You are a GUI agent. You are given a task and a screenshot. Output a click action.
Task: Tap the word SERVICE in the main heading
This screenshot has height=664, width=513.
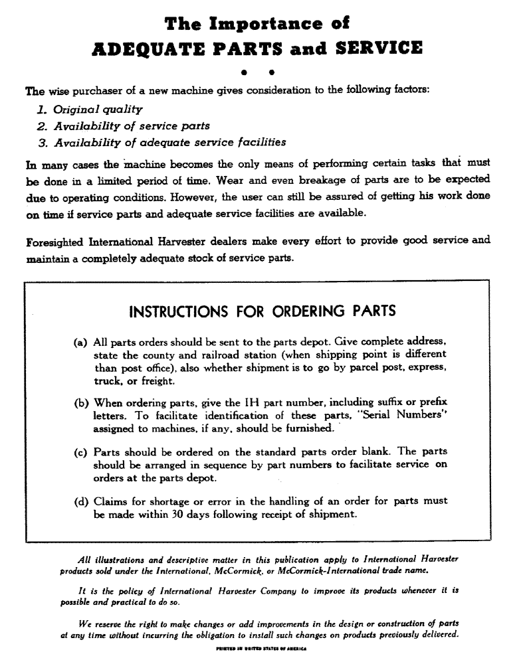[373, 48]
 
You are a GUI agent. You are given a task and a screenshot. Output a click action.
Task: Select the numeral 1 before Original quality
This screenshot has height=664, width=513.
[41, 108]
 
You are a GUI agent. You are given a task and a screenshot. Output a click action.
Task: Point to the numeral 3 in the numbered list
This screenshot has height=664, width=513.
[41, 141]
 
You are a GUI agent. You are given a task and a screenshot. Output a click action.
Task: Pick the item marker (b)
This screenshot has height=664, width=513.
[81, 402]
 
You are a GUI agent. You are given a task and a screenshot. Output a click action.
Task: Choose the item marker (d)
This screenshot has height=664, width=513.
[81, 501]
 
